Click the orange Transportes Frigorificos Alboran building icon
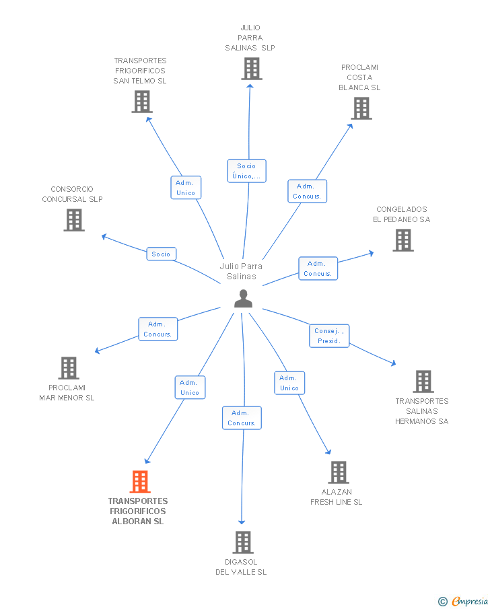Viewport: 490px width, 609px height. (x=140, y=482)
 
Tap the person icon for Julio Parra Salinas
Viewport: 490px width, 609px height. (x=243, y=299)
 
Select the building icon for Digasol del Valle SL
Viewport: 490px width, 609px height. (x=243, y=542)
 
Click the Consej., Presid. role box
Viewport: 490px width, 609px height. (x=329, y=336)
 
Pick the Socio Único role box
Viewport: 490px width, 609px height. (x=247, y=171)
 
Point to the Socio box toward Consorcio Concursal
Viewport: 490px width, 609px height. (x=162, y=254)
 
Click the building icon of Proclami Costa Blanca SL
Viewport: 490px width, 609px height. (x=361, y=108)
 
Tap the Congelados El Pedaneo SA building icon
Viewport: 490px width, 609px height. (x=403, y=240)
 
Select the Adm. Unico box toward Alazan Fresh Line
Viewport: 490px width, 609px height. (x=289, y=383)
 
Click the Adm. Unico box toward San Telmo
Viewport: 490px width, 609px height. (x=186, y=188)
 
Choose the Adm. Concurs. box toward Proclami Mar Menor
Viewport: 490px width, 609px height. (x=157, y=329)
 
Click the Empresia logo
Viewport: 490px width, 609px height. (x=463, y=601)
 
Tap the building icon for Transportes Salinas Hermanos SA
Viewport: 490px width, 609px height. (x=423, y=382)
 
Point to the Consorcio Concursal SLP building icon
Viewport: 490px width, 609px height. (x=74, y=220)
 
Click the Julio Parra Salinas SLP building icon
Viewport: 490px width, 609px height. (x=252, y=69)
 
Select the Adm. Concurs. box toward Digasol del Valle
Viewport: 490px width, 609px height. (x=242, y=418)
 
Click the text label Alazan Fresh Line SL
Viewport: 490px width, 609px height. (x=336, y=497)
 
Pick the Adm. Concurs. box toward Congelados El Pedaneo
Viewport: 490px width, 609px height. (x=318, y=268)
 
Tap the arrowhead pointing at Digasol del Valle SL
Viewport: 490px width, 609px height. (x=242, y=522)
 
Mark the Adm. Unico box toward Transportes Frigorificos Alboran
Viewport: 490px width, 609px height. (x=190, y=388)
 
